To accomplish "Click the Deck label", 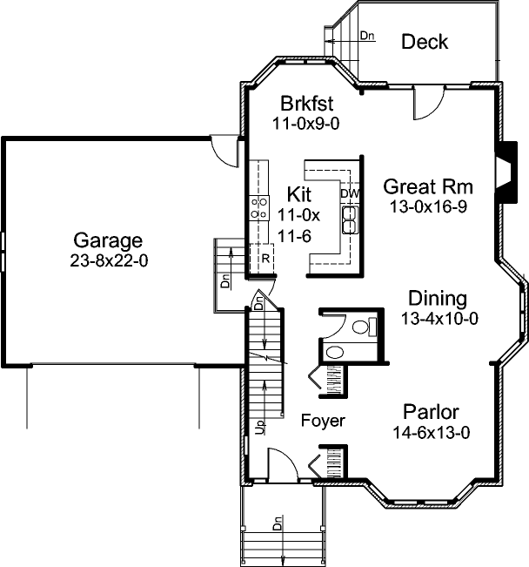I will click(x=425, y=42).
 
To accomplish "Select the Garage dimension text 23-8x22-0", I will click(x=108, y=260).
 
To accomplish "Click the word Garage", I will click(x=108, y=240).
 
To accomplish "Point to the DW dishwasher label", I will click(x=350, y=193).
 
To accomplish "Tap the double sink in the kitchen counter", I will click(x=351, y=219).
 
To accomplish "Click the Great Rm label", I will click(x=427, y=186).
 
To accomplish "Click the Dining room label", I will click(x=438, y=299).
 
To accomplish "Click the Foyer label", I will click(x=323, y=421).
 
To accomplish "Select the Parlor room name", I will click(x=431, y=412).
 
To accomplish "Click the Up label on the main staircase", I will click(x=259, y=427).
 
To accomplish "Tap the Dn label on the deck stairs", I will click(x=367, y=36).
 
